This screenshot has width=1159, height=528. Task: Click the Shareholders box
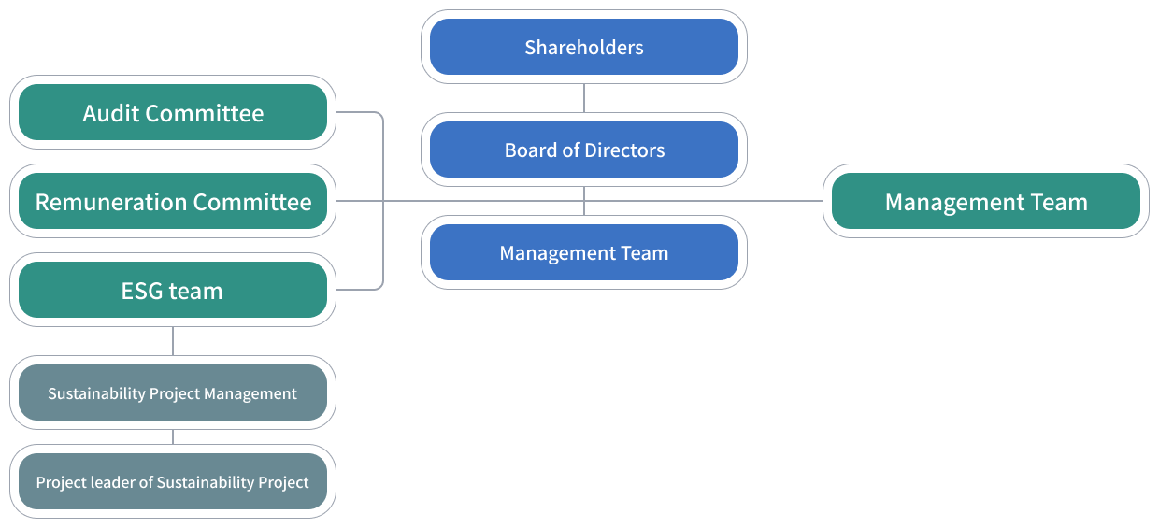584,47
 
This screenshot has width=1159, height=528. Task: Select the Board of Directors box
584,150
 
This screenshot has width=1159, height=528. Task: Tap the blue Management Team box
584,252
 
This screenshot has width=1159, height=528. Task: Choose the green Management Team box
986,202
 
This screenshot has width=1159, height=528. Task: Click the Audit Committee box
173,113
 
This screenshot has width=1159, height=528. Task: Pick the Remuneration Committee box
173,202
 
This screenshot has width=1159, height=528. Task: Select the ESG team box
173,291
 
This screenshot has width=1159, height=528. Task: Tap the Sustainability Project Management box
173,393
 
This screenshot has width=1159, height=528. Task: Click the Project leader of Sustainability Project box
173,482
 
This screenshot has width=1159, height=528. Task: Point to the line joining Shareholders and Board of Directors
584,98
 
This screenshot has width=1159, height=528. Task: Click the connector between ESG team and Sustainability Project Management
173,341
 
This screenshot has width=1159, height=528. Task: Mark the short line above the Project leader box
173,437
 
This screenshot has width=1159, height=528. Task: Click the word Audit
111,113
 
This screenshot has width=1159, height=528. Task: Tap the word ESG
143,291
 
